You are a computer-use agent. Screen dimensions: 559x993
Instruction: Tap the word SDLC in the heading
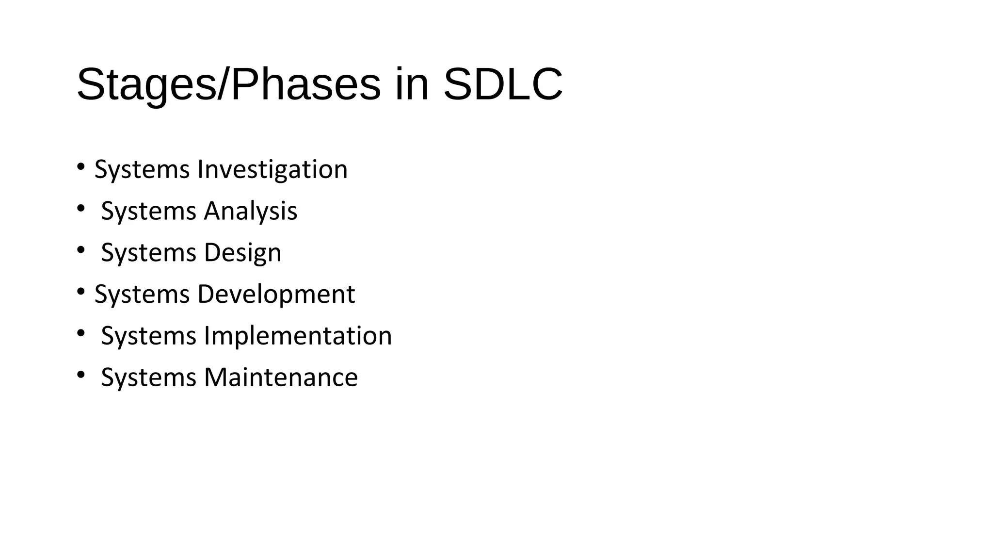pyautogui.click(x=503, y=85)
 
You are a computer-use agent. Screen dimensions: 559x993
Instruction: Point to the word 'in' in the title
pyautogui.click(x=412, y=85)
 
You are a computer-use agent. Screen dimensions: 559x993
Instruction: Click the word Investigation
pyautogui.click(x=272, y=170)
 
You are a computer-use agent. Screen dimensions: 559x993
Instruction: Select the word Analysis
pyautogui.click(x=250, y=212)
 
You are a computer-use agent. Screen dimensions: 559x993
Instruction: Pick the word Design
pyautogui.click(x=242, y=253)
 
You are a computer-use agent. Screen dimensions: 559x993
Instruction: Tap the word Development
pyautogui.click(x=276, y=295)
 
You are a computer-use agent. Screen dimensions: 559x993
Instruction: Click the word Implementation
pyautogui.click(x=298, y=336)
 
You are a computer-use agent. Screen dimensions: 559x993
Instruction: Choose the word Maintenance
pyautogui.click(x=281, y=378)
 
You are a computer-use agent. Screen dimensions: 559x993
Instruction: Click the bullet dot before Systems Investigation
pyautogui.click(x=80, y=166)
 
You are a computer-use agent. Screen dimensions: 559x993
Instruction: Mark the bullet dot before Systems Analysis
pyautogui.click(x=80, y=208)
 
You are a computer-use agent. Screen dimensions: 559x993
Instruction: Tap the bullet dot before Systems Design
pyautogui.click(x=80, y=250)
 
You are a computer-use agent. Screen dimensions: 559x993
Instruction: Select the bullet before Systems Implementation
pyautogui.click(x=80, y=333)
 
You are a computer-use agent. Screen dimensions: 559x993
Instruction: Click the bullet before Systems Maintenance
pyautogui.click(x=80, y=375)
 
